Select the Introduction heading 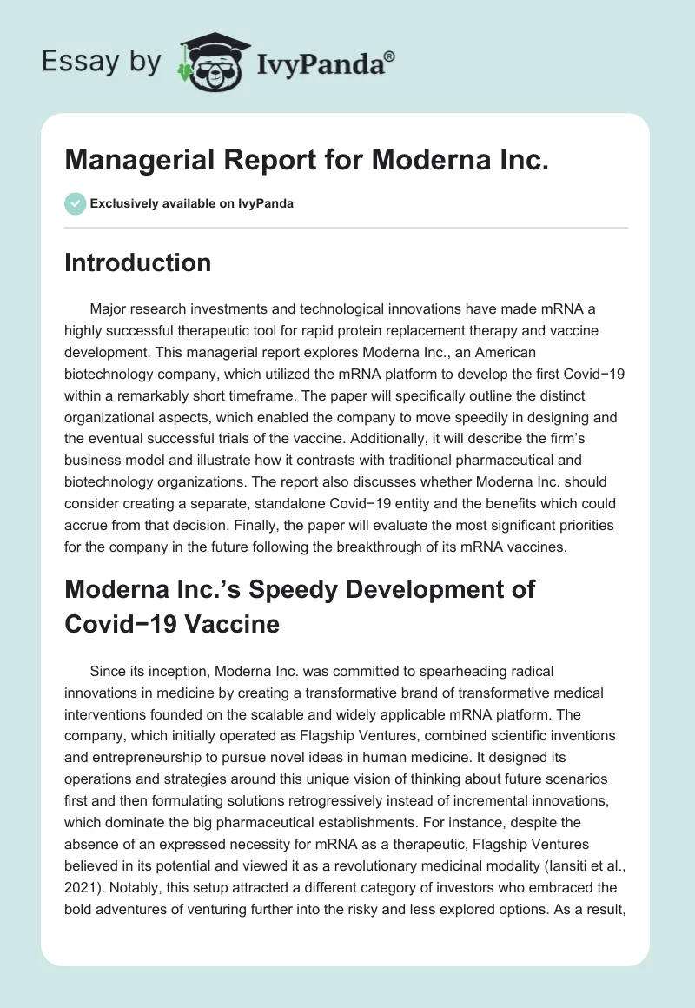tap(137, 262)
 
